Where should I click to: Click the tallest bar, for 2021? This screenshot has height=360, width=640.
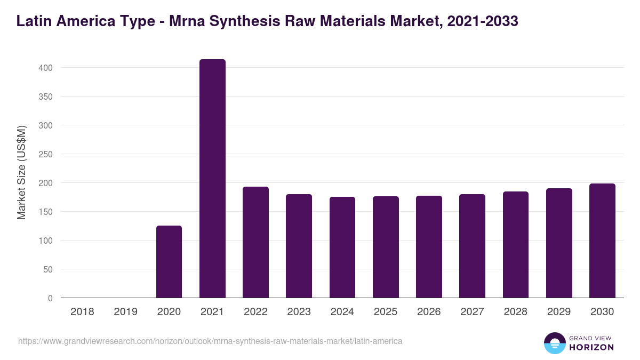(x=212, y=179)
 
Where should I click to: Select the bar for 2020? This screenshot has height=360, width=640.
(x=169, y=262)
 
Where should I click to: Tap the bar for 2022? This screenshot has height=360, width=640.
(x=255, y=242)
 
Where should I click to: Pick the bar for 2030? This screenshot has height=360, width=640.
(x=602, y=241)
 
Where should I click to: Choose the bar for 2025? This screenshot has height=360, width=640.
(x=386, y=247)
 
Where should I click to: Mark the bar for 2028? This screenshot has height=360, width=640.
(x=516, y=245)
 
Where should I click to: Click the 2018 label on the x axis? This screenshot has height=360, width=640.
(x=82, y=312)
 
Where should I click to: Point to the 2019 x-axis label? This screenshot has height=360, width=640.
(x=125, y=312)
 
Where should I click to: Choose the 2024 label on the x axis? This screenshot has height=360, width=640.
(x=342, y=312)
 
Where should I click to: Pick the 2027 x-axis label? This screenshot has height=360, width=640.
(x=472, y=312)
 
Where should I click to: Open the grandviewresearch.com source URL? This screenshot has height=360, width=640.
(x=210, y=340)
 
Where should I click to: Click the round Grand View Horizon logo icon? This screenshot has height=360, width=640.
(x=555, y=343)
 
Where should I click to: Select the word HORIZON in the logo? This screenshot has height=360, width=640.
(x=591, y=347)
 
